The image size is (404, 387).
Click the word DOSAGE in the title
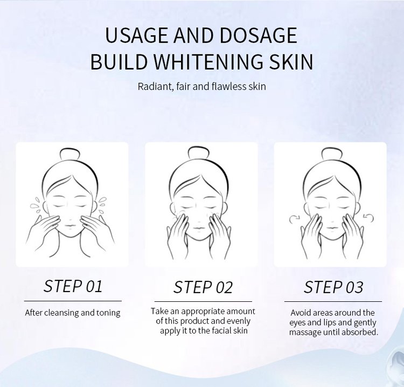click(259, 35)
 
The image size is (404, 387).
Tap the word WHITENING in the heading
click(209, 61)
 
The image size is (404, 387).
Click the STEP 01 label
click(73, 286)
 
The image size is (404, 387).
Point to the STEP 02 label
click(203, 287)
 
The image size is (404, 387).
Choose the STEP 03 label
click(333, 287)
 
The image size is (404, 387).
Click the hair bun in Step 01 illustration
click(69, 154)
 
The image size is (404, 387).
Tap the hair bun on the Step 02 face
click(198, 153)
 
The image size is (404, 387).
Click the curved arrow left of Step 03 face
click(294, 219)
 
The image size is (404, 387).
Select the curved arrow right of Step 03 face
click(368, 218)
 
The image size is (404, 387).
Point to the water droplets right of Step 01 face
click(102, 205)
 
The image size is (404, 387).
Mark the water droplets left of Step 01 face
click(36, 205)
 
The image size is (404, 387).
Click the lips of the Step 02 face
click(198, 228)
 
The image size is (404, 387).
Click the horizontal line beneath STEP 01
click(73, 301)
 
